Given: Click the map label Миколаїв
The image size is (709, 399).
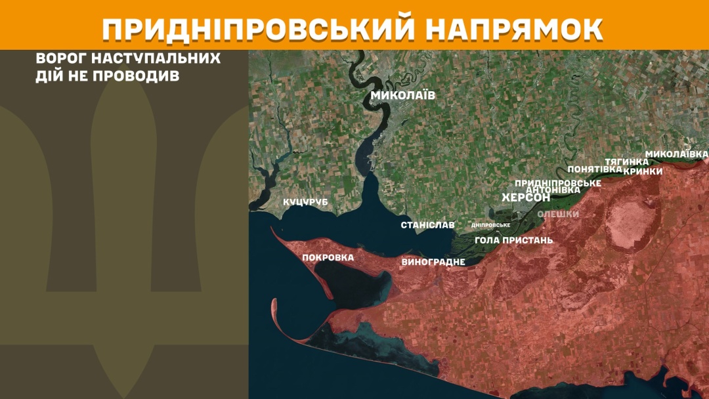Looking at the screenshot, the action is click(x=402, y=96).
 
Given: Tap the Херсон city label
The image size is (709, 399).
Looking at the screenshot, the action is click(x=525, y=198).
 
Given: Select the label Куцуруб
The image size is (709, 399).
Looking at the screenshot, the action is click(x=305, y=202).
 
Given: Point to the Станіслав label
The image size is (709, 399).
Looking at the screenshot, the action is click(x=427, y=225).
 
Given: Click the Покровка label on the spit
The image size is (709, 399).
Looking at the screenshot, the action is click(x=328, y=257).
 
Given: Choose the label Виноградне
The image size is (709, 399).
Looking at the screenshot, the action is click(x=433, y=262).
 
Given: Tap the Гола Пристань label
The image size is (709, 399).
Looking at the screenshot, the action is click(x=513, y=240).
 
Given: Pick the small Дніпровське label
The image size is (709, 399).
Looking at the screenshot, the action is click(x=491, y=225).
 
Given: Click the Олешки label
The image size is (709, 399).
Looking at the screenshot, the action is click(x=558, y=214).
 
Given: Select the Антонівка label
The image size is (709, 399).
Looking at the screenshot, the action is click(x=553, y=190).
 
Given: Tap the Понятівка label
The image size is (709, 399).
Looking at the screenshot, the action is click(x=595, y=169).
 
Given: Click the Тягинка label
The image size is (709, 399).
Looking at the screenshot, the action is click(x=626, y=161).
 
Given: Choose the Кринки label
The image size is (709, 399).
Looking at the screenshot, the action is click(x=643, y=171).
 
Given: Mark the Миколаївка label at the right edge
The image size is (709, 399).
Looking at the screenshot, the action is click(x=676, y=154).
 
